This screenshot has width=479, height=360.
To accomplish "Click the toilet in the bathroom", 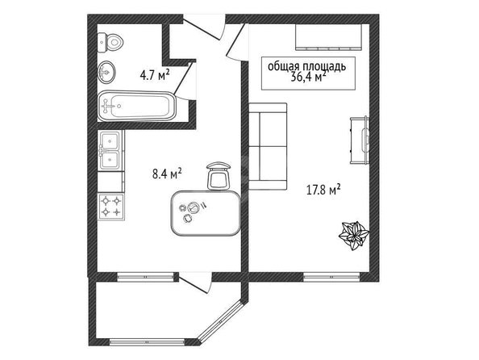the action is (x=110, y=42).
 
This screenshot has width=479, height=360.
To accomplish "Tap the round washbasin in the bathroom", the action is (x=106, y=72).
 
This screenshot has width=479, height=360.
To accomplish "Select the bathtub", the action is (x=137, y=106).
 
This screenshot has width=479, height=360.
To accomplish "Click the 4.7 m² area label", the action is (x=155, y=75).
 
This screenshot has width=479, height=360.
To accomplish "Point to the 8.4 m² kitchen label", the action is (x=167, y=174).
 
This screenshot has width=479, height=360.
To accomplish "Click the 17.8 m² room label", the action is (x=323, y=190).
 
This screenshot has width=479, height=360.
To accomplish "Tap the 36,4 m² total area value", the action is (x=308, y=77).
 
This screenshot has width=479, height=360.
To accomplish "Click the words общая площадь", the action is (x=307, y=66).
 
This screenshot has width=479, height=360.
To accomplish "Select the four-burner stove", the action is (x=111, y=207).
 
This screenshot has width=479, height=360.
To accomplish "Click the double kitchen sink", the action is (x=110, y=150).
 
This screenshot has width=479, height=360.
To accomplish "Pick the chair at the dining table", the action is (x=218, y=176).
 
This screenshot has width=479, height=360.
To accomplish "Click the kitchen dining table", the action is (x=206, y=213).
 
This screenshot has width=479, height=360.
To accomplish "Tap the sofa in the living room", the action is (x=268, y=146).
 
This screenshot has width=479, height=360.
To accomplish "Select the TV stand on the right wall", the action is (x=360, y=140).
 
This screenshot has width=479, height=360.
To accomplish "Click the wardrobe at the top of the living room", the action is (x=328, y=36).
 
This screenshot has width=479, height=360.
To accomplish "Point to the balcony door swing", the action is (x=196, y=284).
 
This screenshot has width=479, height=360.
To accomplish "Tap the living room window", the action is (x=331, y=277).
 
